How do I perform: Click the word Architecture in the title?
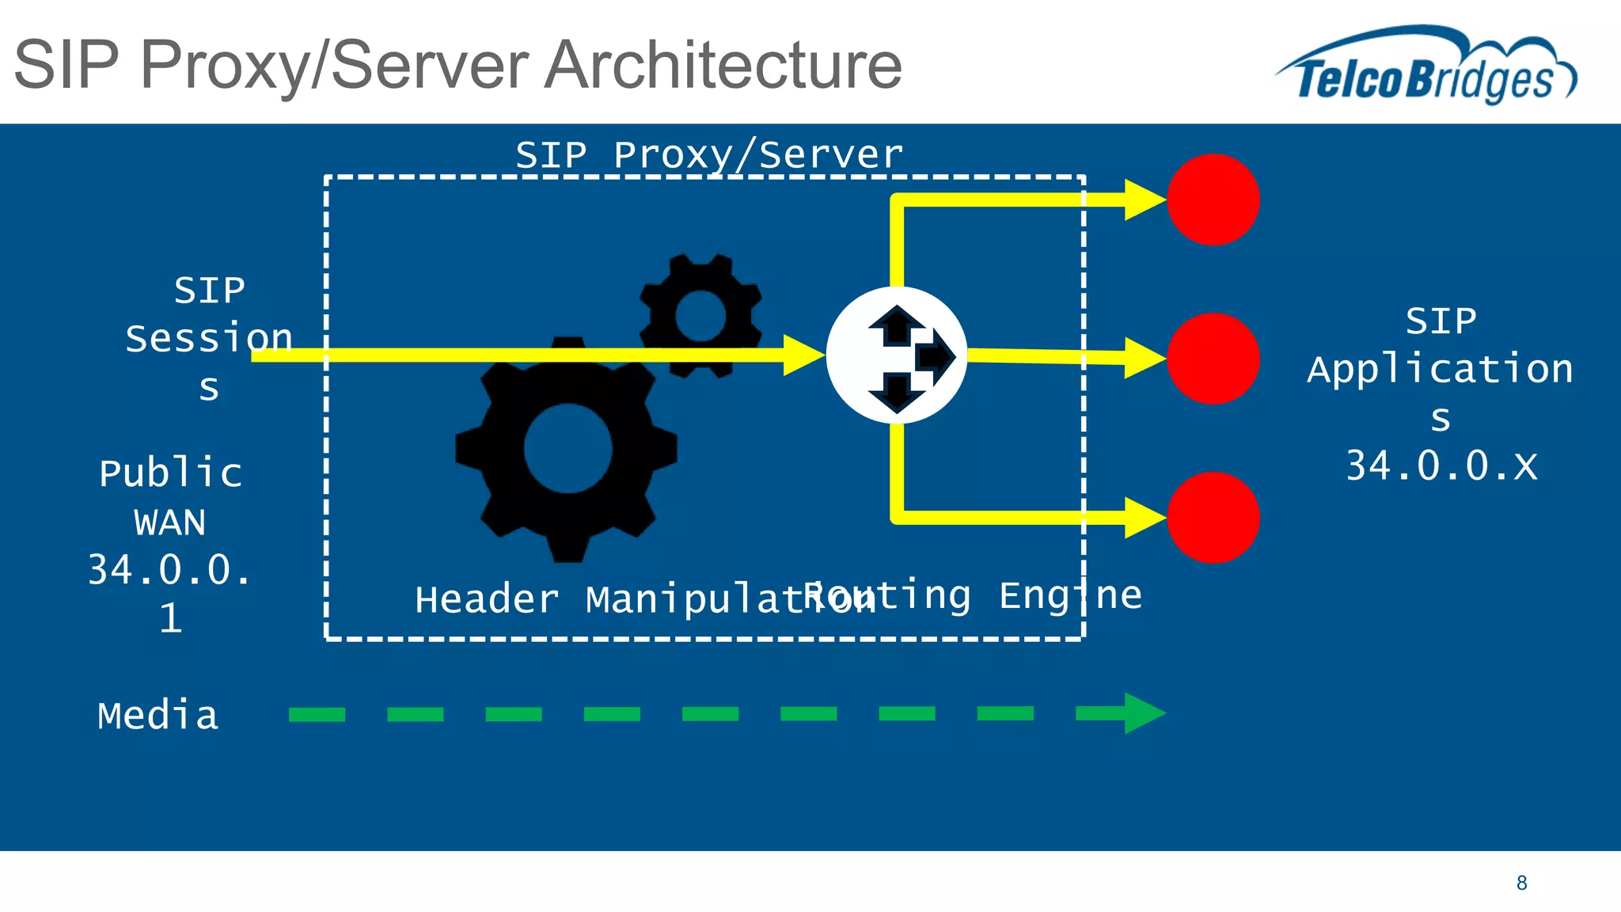click(x=724, y=65)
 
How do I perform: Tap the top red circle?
click(x=1213, y=199)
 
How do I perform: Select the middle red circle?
click(x=1213, y=359)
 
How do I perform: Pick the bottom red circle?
click(x=1213, y=518)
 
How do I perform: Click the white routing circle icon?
click(x=896, y=355)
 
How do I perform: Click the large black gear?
click(x=567, y=449)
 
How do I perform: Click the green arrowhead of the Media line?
click(x=1142, y=713)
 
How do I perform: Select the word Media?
click(x=158, y=716)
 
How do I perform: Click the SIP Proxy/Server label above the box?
click(x=708, y=154)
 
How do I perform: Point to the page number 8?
click(x=1521, y=883)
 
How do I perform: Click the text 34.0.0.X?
click(x=1441, y=465)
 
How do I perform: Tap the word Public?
click(x=170, y=473)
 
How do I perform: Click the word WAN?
click(x=169, y=522)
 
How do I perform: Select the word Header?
click(x=486, y=599)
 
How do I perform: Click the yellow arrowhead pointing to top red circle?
click(x=1143, y=199)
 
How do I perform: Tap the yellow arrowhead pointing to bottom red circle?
click(x=1143, y=518)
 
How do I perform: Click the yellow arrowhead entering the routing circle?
click(x=803, y=355)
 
